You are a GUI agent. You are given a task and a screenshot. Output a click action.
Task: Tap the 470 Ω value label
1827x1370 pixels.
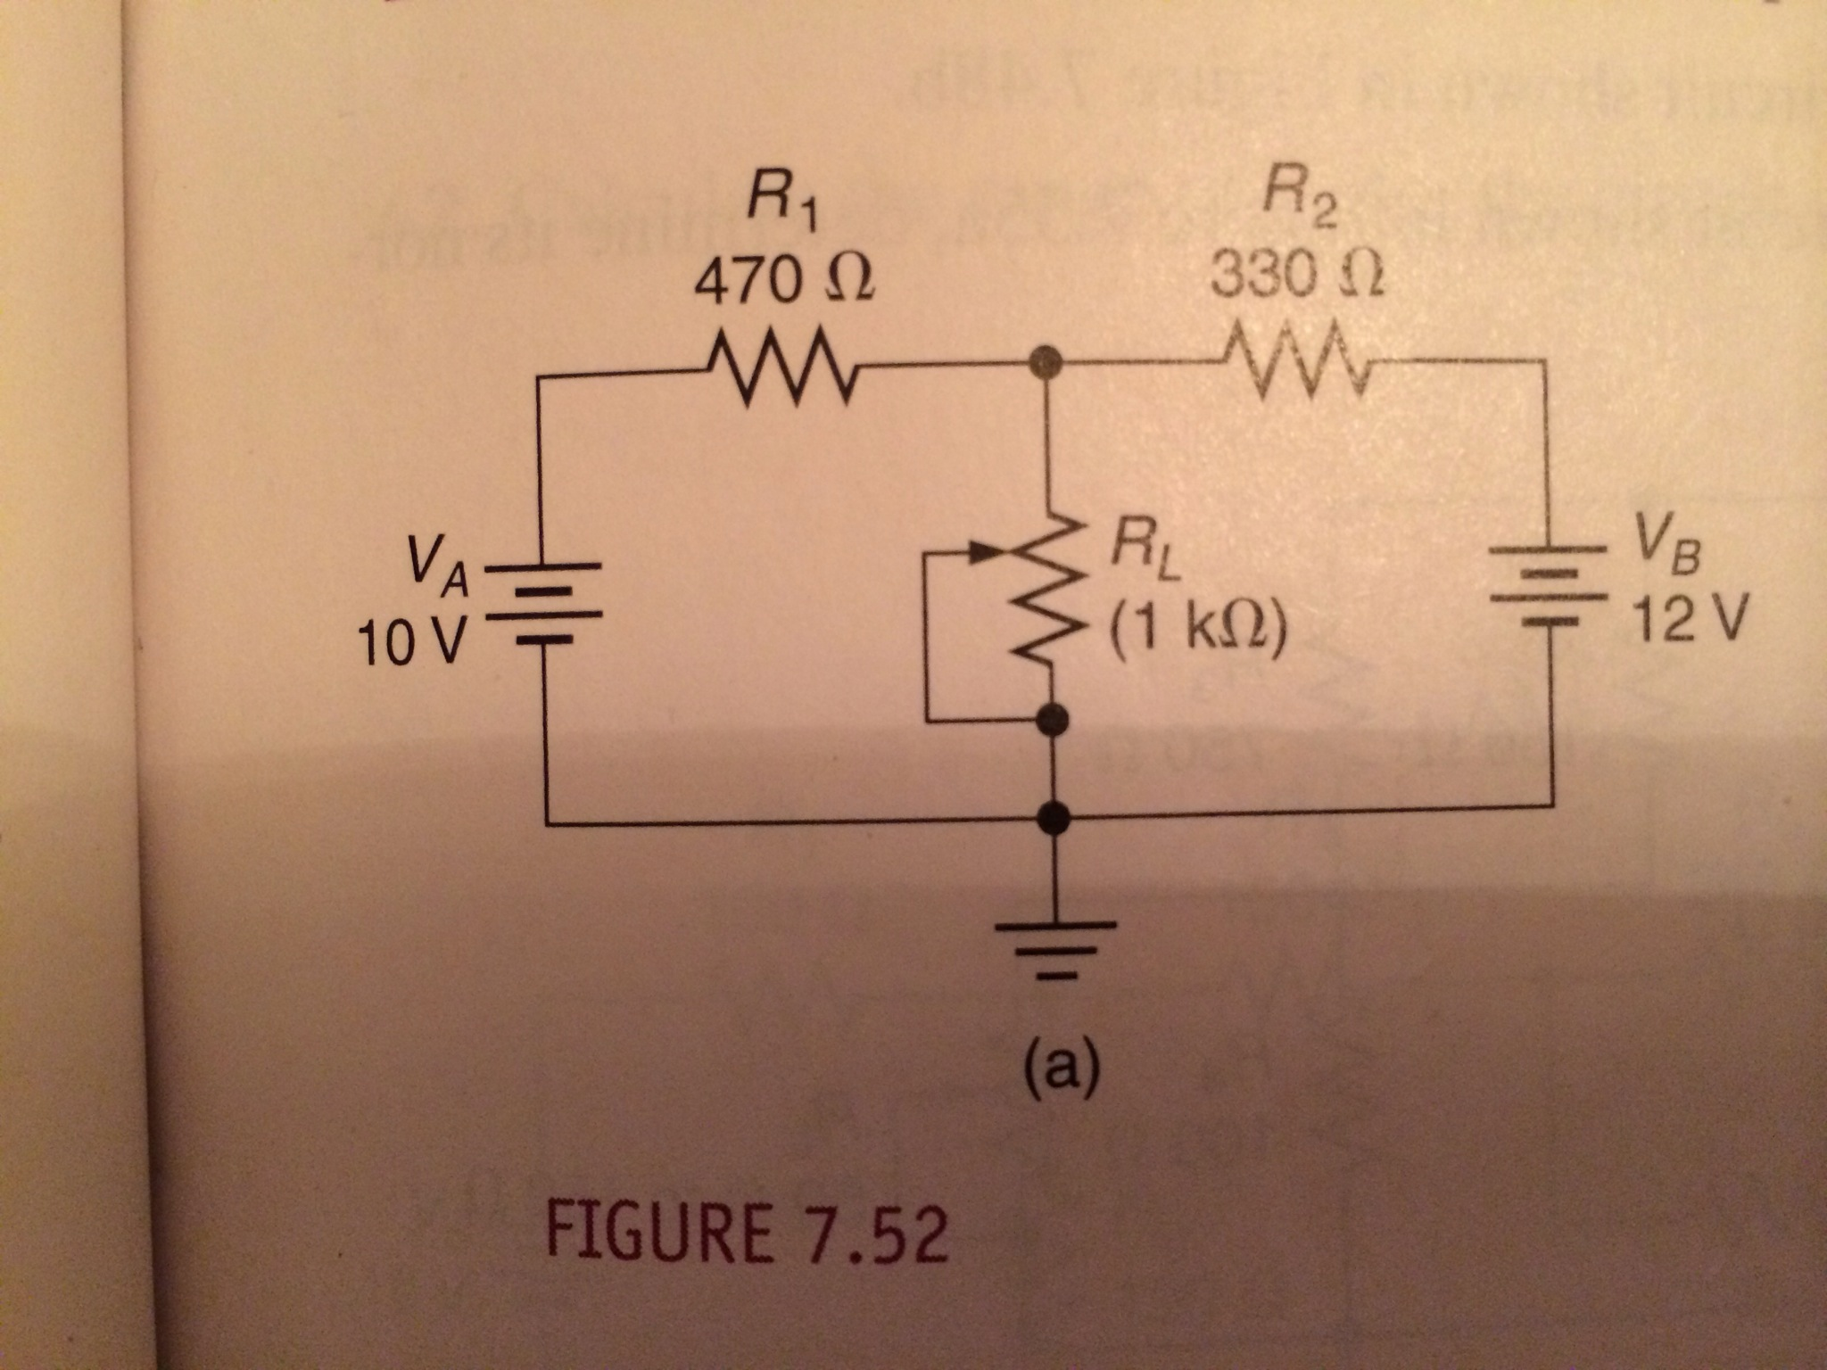click(783, 284)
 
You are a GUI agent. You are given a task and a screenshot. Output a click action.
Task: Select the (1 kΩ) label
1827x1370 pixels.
click(1196, 630)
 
